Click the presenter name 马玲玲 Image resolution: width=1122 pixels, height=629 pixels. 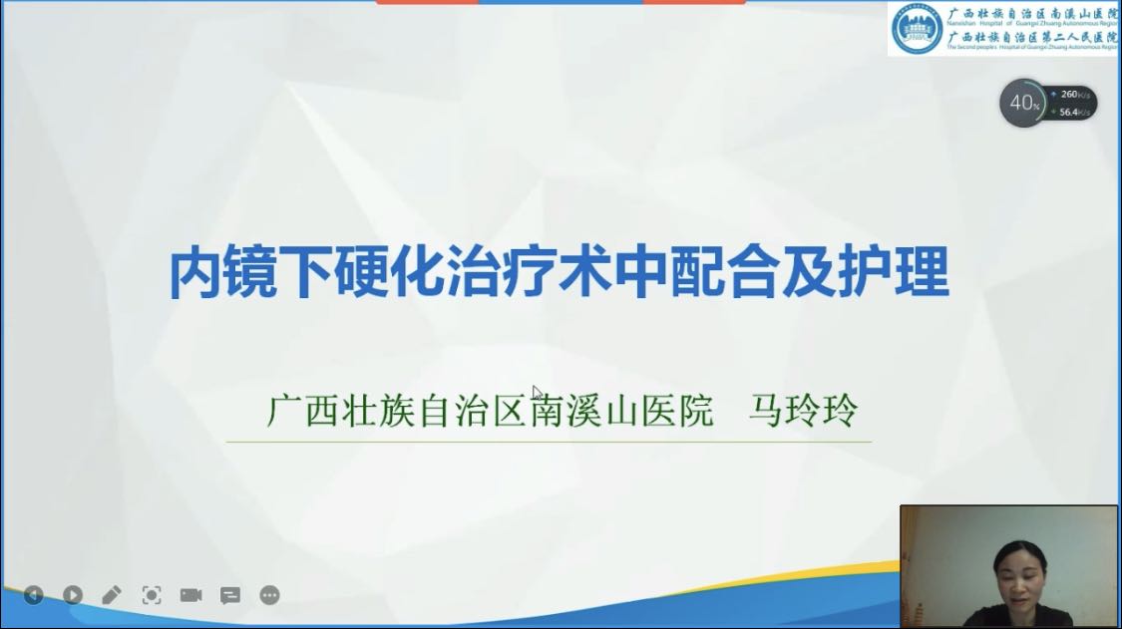coord(803,411)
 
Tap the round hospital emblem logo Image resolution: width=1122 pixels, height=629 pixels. coord(917,29)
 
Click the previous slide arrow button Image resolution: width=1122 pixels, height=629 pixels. coord(33,595)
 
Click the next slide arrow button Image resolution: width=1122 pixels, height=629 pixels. coord(73,595)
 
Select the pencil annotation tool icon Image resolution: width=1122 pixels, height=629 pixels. coord(112,595)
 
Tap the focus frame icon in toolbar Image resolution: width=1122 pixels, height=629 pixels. coord(152,595)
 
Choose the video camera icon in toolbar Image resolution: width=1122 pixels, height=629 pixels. coord(190,595)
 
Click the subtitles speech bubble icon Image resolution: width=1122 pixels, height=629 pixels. coord(230,595)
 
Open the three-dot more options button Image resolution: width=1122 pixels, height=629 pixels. coord(269,595)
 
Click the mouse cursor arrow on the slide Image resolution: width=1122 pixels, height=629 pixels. coord(538,393)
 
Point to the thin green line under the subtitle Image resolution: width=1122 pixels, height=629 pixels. coord(549,442)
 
